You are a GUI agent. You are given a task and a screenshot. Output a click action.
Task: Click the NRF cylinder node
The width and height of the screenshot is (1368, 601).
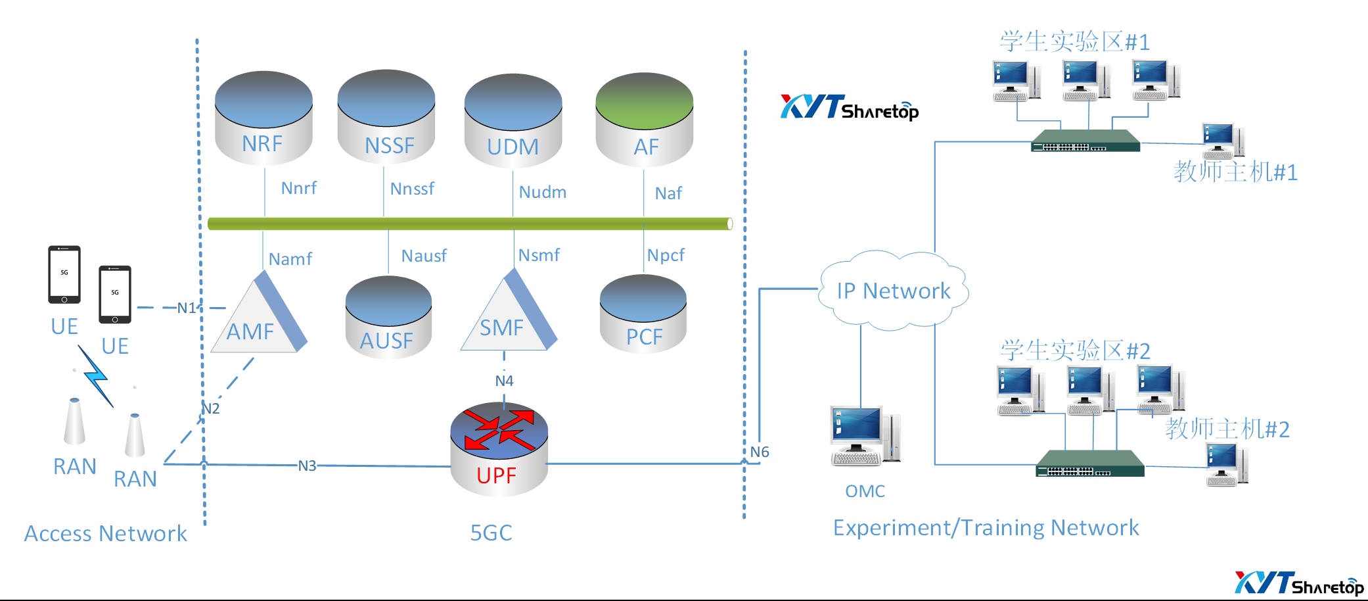point(263,118)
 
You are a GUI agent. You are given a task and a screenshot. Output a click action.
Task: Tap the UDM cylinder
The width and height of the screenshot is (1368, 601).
point(513,121)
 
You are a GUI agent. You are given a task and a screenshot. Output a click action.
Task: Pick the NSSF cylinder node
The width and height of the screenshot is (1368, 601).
point(386,117)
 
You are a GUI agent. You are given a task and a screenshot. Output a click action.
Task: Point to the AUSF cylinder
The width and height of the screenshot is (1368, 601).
point(388,318)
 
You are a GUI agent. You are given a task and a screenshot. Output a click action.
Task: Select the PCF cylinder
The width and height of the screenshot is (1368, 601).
point(643,314)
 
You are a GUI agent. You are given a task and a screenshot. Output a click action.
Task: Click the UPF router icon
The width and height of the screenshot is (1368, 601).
point(499,448)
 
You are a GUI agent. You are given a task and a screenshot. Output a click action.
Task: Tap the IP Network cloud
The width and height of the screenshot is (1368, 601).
point(894,290)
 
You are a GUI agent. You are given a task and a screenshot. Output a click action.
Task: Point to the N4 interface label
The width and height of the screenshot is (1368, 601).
point(504,381)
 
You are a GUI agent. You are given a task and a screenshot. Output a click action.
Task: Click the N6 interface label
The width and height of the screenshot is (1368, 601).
point(760,452)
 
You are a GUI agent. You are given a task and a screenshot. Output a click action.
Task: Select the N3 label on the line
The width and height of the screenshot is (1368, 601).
point(307,466)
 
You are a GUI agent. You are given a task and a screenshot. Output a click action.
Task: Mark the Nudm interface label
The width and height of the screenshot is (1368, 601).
point(543,192)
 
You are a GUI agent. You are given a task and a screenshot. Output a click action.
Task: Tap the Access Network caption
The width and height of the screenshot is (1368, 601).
point(106,533)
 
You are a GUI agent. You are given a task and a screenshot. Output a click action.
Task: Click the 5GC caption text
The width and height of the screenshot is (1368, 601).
point(491,533)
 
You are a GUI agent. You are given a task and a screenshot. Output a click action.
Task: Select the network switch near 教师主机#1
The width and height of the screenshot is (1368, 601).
point(1085,141)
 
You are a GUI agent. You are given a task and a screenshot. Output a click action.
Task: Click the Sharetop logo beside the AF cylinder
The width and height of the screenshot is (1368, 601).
point(850,108)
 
